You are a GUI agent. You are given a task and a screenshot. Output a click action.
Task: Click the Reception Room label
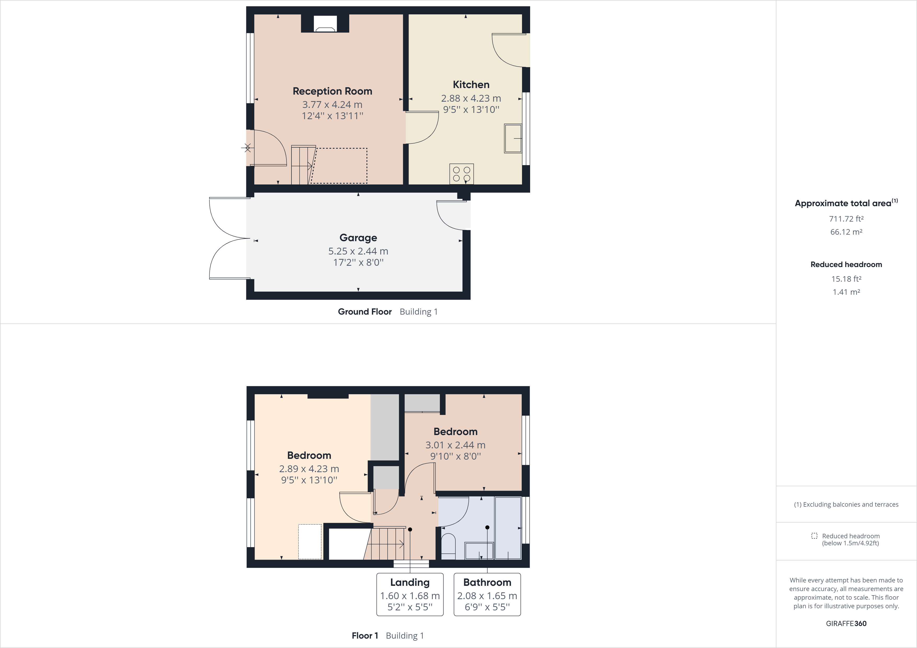[x=332, y=91]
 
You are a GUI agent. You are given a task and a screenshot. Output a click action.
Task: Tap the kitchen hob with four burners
[x=461, y=174]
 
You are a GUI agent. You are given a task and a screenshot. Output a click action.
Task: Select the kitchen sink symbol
[x=513, y=138]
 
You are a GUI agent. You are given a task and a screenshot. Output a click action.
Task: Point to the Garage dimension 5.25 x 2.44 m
[x=358, y=251]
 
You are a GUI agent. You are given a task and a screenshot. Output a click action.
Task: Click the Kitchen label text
[x=471, y=85]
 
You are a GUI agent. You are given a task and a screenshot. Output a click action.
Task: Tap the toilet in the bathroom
[x=448, y=545]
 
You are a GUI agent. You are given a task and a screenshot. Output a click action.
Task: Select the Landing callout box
[x=410, y=594]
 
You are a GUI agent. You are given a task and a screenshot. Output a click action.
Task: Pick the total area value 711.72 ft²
[x=846, y=219]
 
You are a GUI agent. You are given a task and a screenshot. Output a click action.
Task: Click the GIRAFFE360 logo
[x=846, y=623]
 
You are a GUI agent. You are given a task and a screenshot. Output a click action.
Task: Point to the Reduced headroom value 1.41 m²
[x=846, y=292]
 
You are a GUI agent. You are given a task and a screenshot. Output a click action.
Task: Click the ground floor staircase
[x=302, y=165]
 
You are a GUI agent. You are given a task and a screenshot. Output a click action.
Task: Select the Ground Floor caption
[x=365, y=312]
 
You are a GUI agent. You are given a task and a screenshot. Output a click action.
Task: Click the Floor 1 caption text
[x=365, y=636]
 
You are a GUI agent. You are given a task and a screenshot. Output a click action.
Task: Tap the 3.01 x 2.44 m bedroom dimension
[x=455, y=445]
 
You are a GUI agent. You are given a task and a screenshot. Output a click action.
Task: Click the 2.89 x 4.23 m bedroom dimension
[x=309, y=469]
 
